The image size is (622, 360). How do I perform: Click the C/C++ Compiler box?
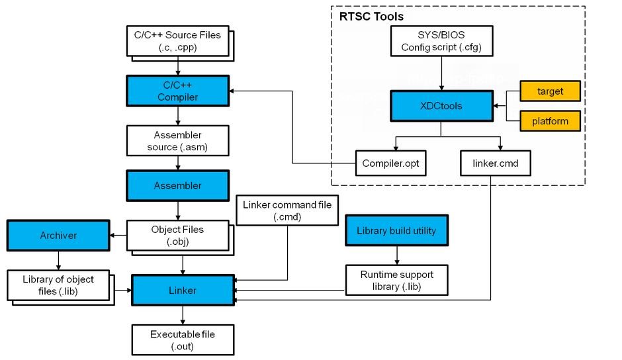[178, 91]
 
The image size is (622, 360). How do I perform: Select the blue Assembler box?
[178, 185]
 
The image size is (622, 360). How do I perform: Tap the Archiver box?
[58, 236]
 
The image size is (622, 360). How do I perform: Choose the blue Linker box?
[183, 290]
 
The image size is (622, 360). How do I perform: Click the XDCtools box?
[441, 106]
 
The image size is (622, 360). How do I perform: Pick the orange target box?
[550, 91]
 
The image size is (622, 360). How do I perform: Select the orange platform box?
[550, 121]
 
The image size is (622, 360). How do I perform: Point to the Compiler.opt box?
[390, 163]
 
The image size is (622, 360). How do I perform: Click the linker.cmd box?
[496, 163]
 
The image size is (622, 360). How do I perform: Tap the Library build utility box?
[396, 230]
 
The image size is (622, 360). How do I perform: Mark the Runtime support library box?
[396, 280]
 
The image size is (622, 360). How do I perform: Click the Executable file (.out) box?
[183, 340]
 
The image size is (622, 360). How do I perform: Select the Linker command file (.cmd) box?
[287, 210]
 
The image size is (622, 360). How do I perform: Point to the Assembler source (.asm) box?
[178, 141]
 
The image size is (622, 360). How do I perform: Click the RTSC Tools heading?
[371, 17]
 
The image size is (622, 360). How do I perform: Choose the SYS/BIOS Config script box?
[441, 41]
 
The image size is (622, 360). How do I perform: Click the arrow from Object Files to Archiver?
[118, 236]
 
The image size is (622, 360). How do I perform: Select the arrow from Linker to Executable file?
[183, 315]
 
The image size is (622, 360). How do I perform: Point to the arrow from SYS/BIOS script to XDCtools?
[441, 73]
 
